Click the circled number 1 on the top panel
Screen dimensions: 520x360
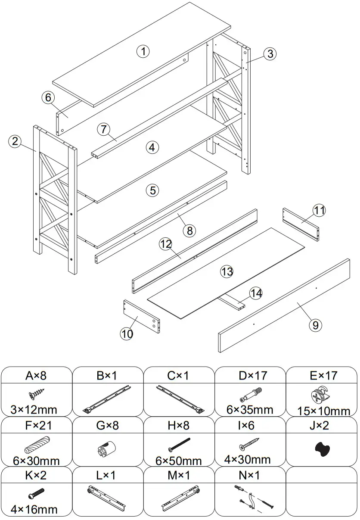click(x=143, y=51)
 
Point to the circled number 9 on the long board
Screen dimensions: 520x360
click(x=315, y=324)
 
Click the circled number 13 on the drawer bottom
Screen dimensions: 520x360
click(x=227, y=271)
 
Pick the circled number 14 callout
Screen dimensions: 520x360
click(x=256, y=293)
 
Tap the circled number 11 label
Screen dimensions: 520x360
click(x=319, y=210)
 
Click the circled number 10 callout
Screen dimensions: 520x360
click(x=127, y=334)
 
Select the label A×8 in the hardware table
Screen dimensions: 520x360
click(x=36, y=376)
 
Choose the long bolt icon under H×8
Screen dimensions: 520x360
click(x=178, y=445)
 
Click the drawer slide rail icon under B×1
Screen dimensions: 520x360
click(x=107, y=399)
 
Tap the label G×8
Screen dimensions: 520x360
click(x=107, y=426)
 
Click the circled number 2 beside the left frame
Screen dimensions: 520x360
click(x=16, y=141)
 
